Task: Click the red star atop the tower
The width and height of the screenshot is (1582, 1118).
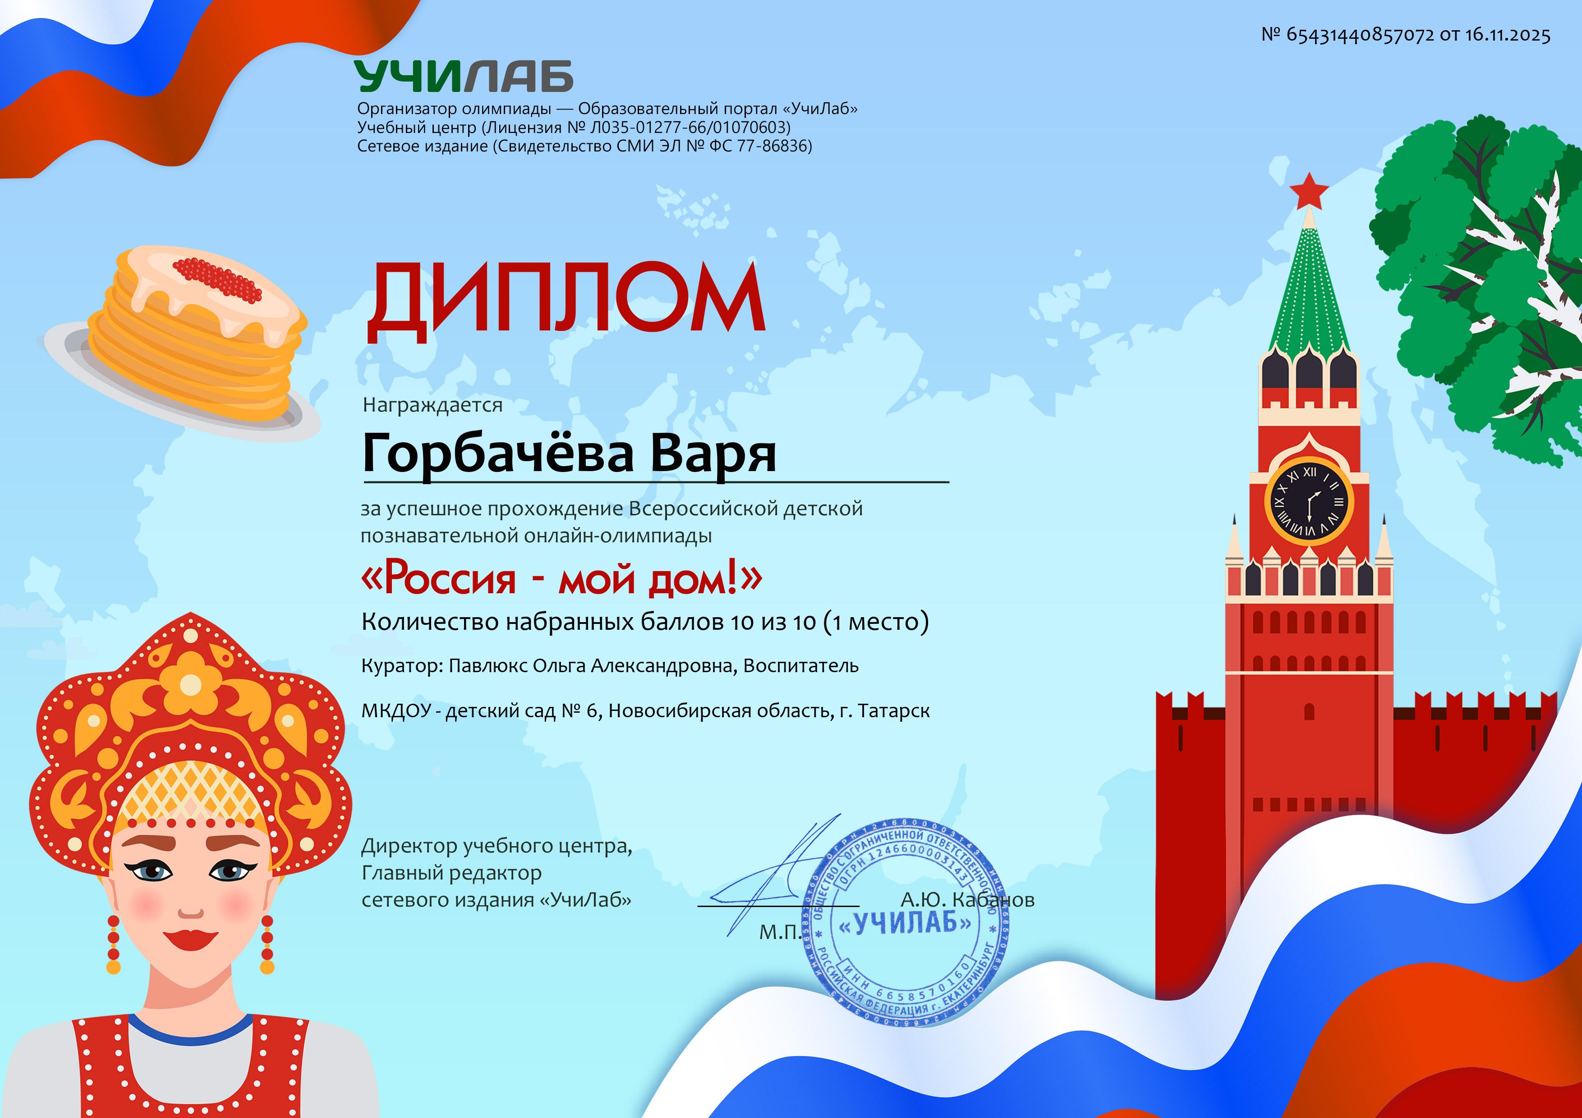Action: pyautogui.click(x=1308, y=190)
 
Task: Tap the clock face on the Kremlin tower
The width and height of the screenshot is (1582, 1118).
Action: pyautogui.click(x=1309, y=501)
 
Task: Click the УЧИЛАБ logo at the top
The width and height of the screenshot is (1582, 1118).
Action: pyautogui.click(x=464, y=76)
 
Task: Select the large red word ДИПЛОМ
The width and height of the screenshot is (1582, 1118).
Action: pyautogui.click(x=566, y=302)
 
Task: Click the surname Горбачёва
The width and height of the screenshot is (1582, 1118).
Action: pyautogui.click(x=497, y=453)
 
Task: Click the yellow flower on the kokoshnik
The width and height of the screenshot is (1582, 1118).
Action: pyautogui.click(x=191, y=683)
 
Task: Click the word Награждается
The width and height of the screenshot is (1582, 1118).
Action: pyautogui.click(x=433, y=405)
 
